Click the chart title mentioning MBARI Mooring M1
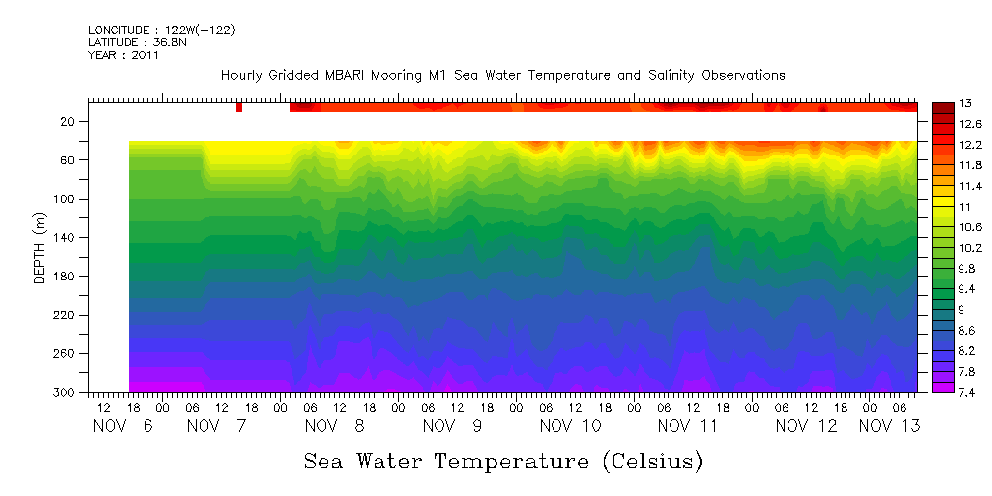tap(502, 75)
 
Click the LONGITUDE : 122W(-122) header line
tap(161, 31)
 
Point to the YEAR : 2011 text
tap(123, 55)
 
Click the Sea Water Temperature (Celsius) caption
tap(503, 461)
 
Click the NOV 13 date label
tap(890, 426)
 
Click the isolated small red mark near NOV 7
tap(239, 107)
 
